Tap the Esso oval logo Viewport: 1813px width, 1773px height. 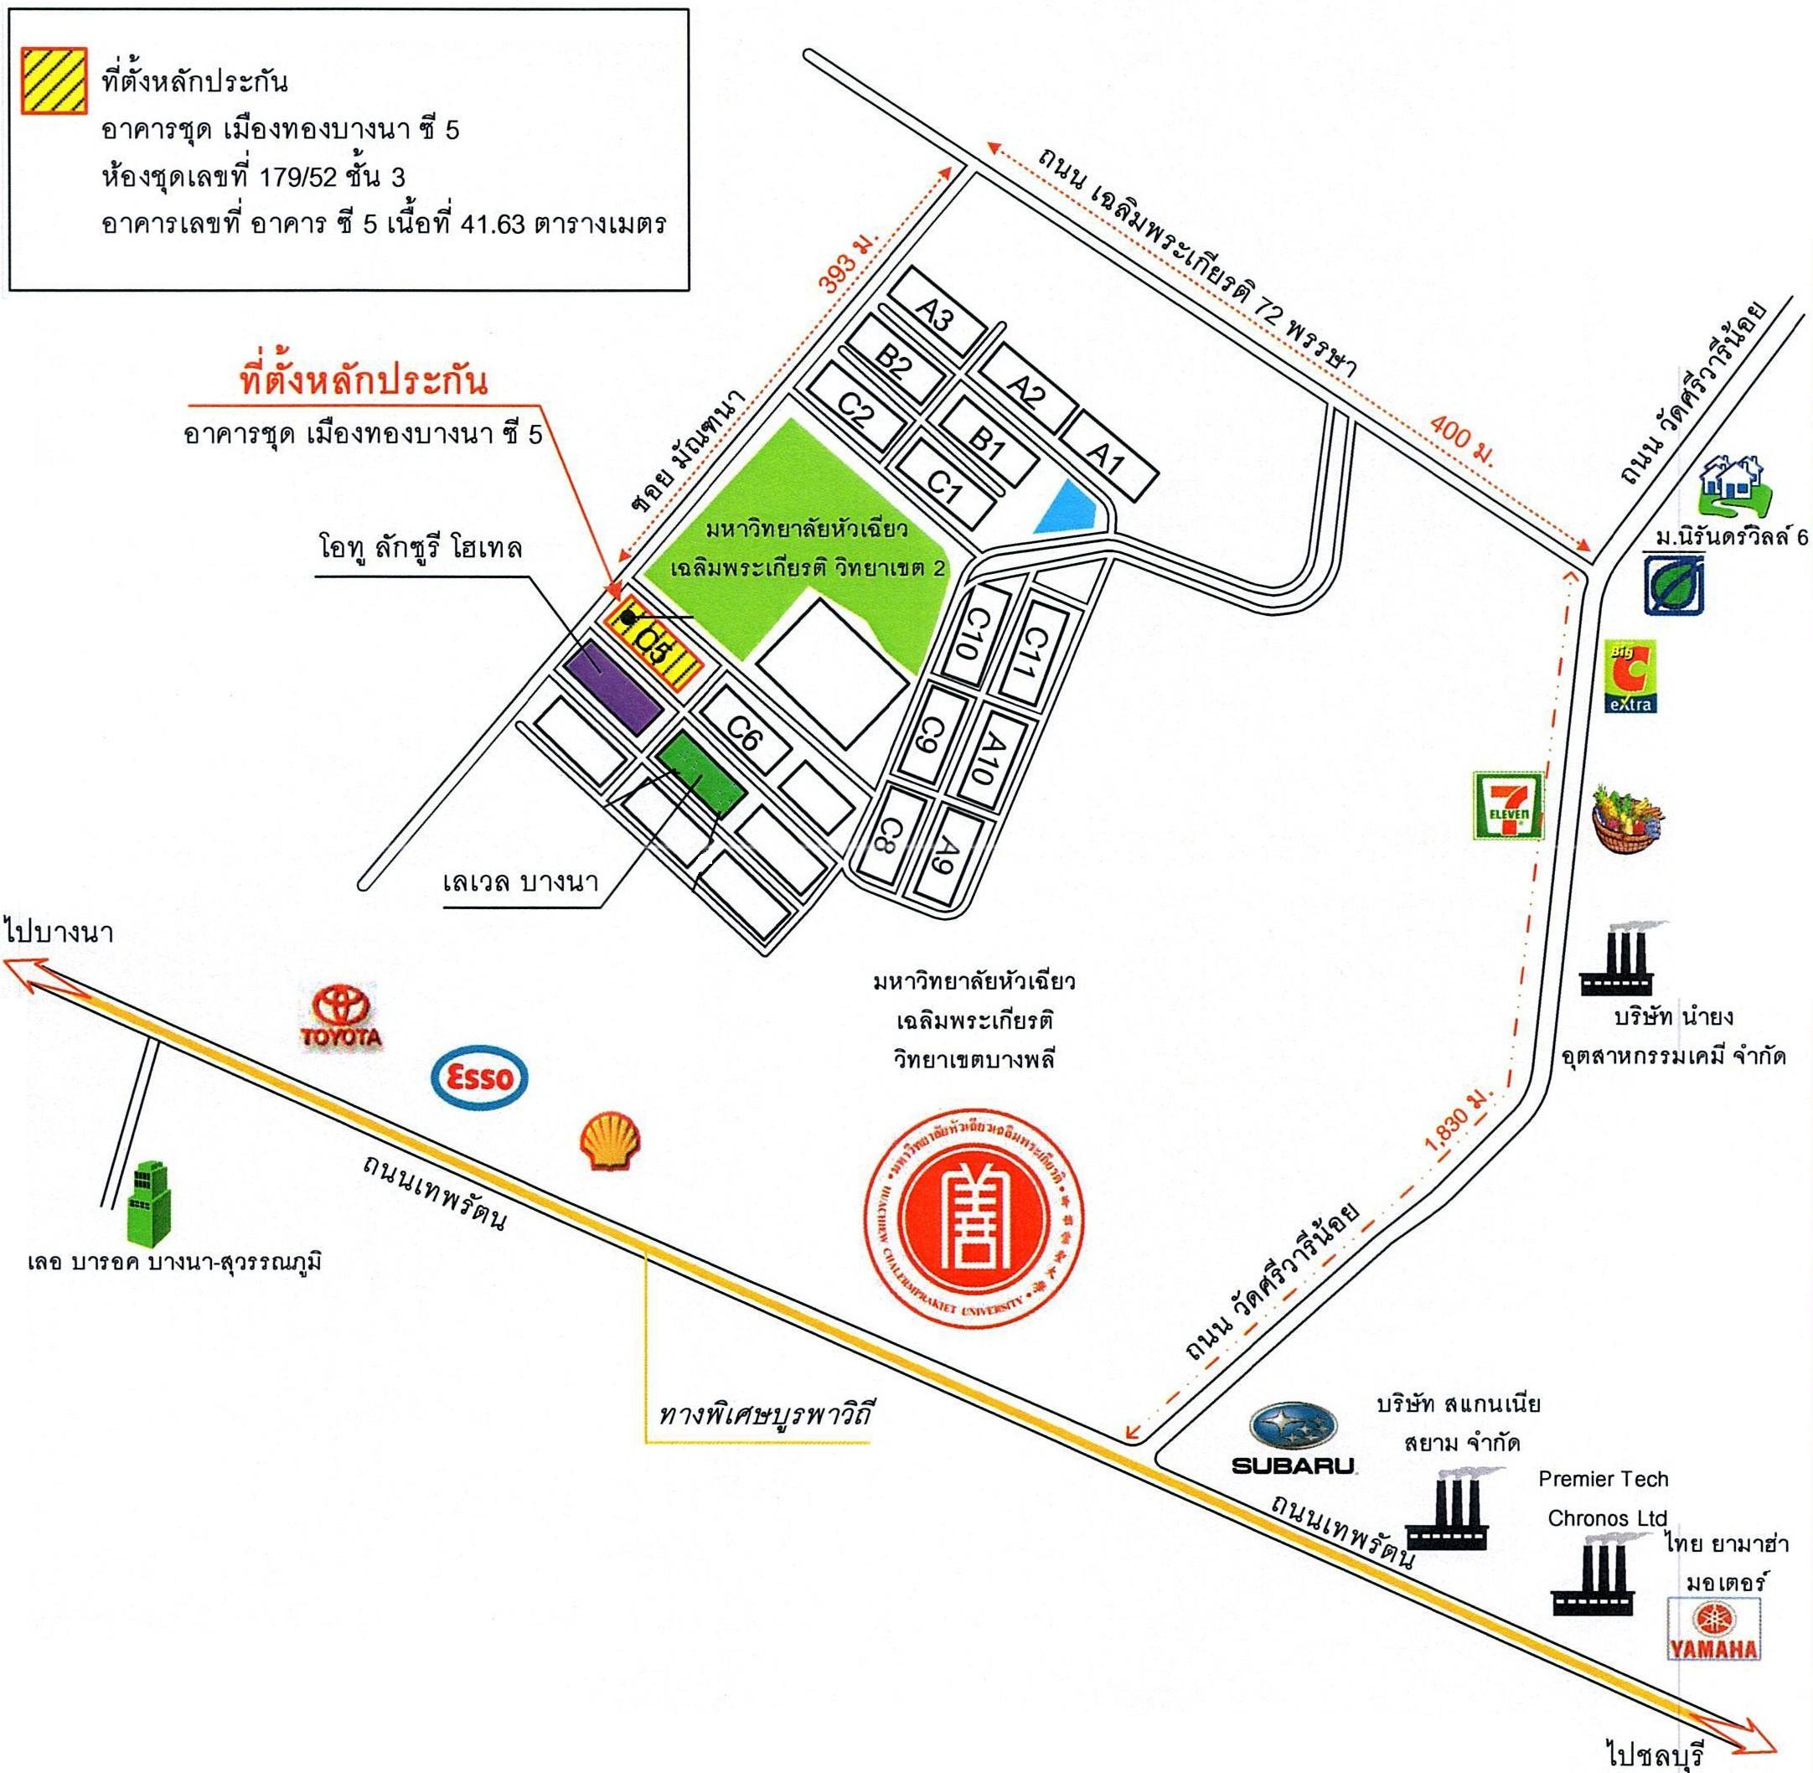pos(479,1078)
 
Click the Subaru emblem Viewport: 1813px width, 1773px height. pos(1294,1429)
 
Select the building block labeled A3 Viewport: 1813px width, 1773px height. pos(936,317)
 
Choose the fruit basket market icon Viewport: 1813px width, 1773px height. pos(1628,817)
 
